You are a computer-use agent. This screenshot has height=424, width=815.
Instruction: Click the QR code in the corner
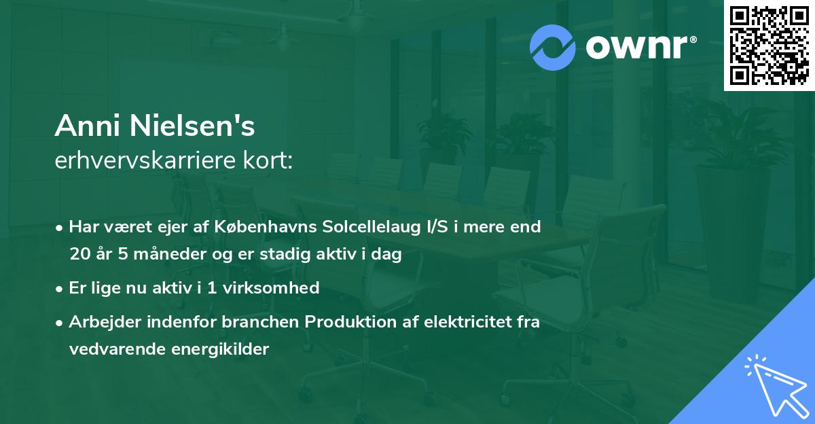coord(769,46)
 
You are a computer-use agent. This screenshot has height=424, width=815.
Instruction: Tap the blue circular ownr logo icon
coord(554,47)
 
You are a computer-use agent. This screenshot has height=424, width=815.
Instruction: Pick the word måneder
coord(167,255)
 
